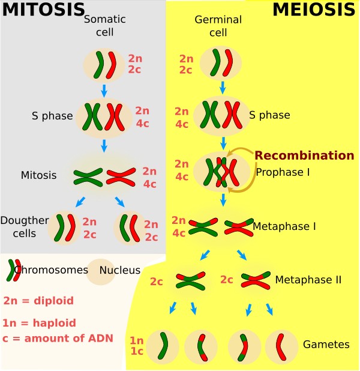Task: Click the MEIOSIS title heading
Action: pyautogui.click(x=314, y=10)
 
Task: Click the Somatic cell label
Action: pyautogui.click(x=100, y=25)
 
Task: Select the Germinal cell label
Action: pyautogui.click(x=218, y=25)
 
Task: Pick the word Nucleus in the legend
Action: pyautogui.click(x=120, y=270)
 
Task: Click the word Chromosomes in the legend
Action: pyautogui.click(x=51, y=270)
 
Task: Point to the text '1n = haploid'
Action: pyautogui.click(x=39, y=322)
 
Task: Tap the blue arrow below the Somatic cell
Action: pyautogui.click(x=104, y=91)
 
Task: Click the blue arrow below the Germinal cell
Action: pyautogui.click(x=223, y=87)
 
